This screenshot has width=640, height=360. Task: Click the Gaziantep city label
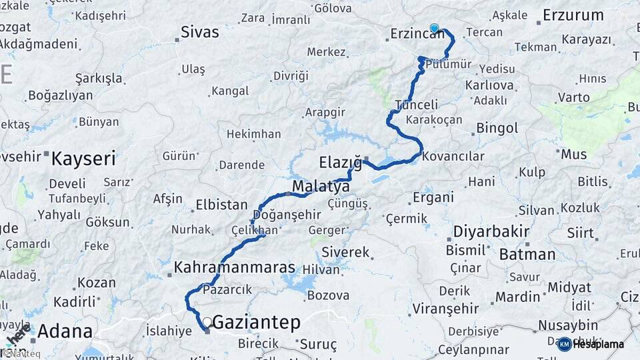point(256,323)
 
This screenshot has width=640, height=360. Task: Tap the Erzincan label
point(417,33)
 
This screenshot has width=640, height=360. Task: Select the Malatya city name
point(321,186)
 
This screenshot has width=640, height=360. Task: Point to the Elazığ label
point(340,162)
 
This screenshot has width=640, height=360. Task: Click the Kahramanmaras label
point(234,267)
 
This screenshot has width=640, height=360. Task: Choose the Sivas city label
point(200,32)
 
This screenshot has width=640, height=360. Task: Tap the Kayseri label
point(83,159)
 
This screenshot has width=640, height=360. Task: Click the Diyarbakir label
point(491,232)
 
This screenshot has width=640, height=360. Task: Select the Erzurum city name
point(573,15)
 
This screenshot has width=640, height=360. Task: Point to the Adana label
point(65,331)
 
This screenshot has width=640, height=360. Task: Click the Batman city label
point(527,254)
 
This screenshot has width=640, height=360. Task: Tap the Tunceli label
point(417,105)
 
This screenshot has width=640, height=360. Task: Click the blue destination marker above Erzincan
point(435,28)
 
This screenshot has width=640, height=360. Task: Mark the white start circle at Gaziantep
point(207,322)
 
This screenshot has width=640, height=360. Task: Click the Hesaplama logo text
point(598,344)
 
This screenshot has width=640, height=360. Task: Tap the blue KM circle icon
point(564,344)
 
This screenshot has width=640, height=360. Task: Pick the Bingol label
point(497,127)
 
